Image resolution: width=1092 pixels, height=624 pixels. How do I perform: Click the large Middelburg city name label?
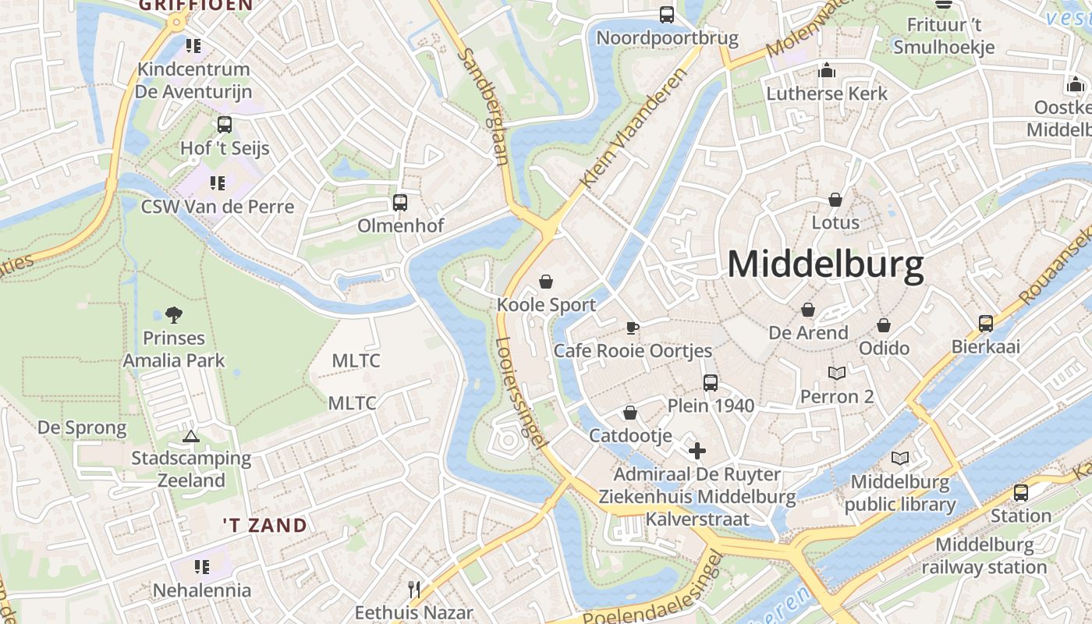point(825,265)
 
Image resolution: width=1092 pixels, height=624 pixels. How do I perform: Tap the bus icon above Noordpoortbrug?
point(667,15)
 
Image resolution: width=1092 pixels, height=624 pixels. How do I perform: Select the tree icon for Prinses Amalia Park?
point(174,315)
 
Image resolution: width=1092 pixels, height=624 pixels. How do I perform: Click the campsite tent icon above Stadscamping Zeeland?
point(190,436)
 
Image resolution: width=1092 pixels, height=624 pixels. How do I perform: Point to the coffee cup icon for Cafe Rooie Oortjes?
point(632,328)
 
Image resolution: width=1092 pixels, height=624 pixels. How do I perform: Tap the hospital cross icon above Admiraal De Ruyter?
point(697,451)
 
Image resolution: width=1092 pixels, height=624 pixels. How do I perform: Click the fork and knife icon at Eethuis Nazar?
point(414,590)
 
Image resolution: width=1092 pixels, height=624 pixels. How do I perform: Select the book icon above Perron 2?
point(837,374)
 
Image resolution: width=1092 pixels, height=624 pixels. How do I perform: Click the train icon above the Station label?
point(1020,493)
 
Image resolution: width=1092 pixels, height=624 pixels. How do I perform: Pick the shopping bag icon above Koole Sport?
point(546,282)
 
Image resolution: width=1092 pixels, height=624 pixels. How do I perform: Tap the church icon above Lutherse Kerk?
point(827,71)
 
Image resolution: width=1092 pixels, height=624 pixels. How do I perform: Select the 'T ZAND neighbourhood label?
point(264,525)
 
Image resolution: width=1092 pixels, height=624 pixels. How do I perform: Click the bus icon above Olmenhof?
point(400,203)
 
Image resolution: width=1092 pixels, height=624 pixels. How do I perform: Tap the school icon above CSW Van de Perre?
point(217,183)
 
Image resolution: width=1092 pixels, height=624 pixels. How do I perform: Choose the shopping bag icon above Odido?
point(884,325)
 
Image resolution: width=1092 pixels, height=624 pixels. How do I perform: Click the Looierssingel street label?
point(519,392)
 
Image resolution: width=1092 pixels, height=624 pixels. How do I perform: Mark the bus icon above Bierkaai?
point(986,324)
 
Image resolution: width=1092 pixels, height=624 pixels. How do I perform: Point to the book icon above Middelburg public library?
point(900,459)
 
